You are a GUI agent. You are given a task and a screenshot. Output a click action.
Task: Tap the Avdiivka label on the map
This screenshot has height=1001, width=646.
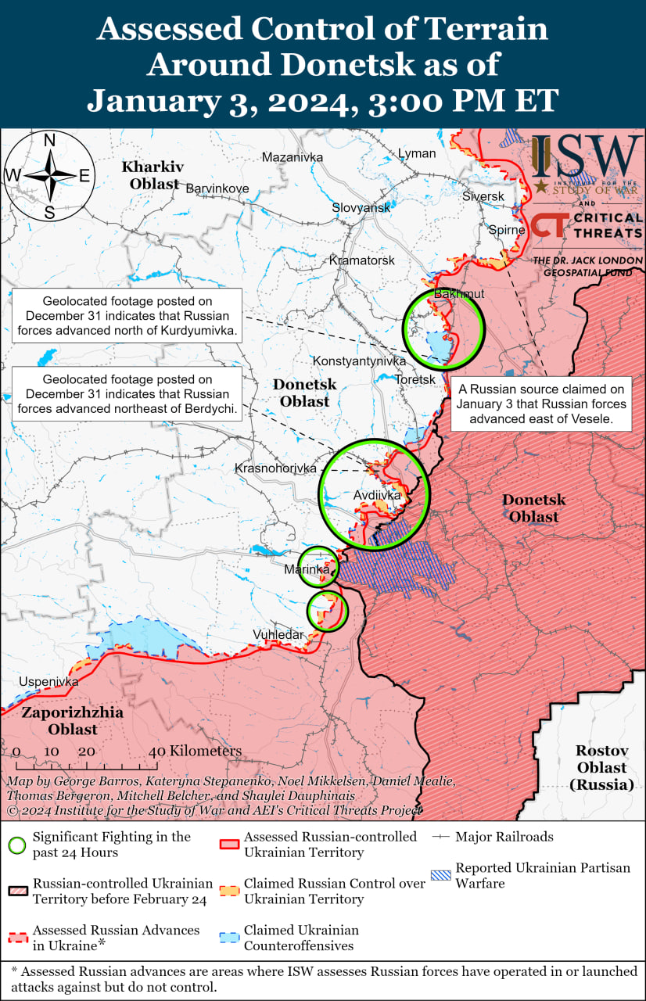tap(377, 495)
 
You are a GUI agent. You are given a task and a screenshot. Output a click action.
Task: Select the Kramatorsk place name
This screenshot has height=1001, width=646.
tap(362, 260)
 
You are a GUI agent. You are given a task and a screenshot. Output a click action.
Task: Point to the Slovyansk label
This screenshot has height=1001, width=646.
tap(361, 208)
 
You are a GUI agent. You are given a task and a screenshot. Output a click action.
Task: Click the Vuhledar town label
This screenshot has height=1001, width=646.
tap(278, 634)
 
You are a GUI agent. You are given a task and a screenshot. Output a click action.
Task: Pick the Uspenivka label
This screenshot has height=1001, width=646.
tap(49, 681)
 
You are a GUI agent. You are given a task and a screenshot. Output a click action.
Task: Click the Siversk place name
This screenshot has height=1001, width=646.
tap(483, 196)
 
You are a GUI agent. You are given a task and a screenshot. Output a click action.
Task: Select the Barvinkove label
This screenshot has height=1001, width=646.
tap(217, 188)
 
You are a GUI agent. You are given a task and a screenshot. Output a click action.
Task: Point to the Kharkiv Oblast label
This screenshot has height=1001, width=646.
tap(153, 175)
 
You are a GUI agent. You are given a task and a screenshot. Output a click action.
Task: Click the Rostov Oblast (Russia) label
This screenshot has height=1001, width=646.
tap(601, 766)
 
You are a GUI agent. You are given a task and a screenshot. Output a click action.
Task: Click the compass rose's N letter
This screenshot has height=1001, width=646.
tap(48, 141)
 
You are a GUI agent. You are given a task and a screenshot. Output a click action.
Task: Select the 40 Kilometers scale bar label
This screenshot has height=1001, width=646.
tap(196, 751)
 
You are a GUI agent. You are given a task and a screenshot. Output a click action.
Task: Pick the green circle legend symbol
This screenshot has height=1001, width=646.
tap(16, 845)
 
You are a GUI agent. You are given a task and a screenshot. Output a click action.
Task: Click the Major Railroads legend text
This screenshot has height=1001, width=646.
tap(504, 837)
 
